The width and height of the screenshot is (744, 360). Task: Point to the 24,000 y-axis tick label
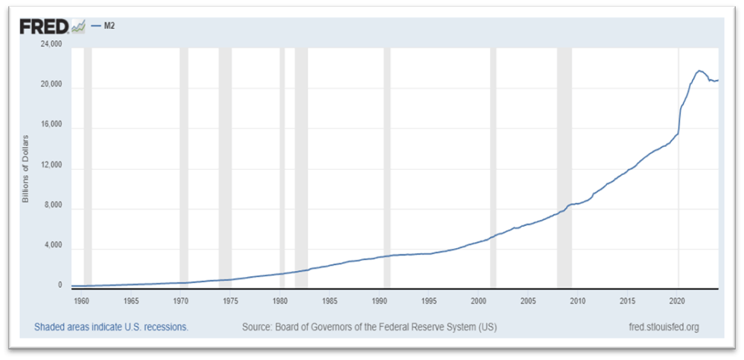tap(51, 45)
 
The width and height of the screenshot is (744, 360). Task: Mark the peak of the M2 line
tap(699, 71)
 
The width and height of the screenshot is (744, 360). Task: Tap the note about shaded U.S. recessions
tap(111, 327)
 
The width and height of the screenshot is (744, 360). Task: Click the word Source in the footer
tap(257, 327)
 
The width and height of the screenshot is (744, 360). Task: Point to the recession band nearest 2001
tap(493, 167)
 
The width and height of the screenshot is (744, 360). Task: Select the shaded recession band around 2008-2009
tap(564, 167)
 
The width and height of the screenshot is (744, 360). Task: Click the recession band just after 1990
tap(386, 167)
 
